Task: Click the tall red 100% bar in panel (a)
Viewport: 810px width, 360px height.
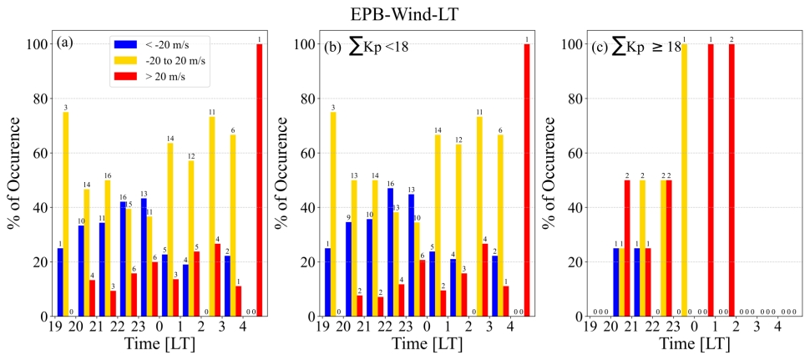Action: (x=259, y=180)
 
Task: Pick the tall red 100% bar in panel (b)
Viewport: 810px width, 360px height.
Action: (x=526, y=180)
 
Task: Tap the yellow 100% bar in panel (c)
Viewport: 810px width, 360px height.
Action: (x=684, y=180)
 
